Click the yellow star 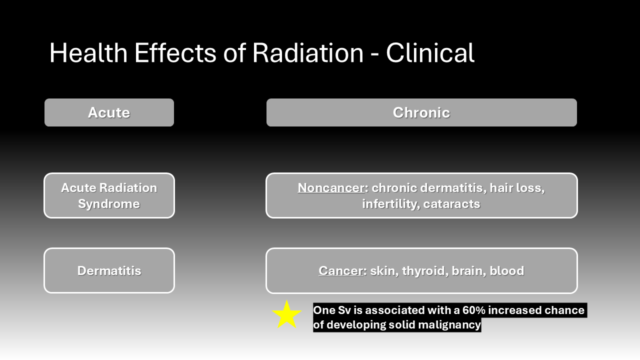286,315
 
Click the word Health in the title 88,53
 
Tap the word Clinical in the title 430,53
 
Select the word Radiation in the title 307,53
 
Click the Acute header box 109,112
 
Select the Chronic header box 421,112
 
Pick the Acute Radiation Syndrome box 109,195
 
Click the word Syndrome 109,204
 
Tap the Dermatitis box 109,270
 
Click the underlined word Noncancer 331,188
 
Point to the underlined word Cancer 341,271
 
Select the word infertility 390,204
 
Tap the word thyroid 425,271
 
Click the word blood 507,271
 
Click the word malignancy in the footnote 449,325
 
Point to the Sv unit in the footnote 344,310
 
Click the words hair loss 517,188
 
